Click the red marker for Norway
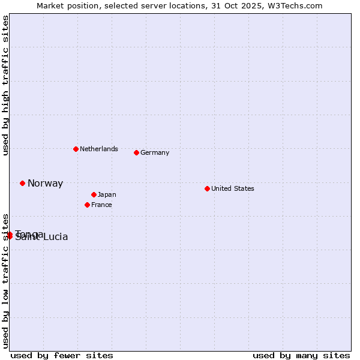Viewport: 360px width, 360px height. point(22,183)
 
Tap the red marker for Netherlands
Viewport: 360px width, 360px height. point(76,149)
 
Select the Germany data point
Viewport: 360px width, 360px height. point(136,152)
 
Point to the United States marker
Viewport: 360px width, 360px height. point(207,188)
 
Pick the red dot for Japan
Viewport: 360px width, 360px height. point(94,194)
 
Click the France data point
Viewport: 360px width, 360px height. point(87,205)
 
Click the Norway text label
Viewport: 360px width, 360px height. point(45,184)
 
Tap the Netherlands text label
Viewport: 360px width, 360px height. point(99,149)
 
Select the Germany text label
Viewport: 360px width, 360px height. point(155,152)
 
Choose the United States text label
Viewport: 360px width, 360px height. point(233,188)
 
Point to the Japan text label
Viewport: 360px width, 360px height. point(107,194)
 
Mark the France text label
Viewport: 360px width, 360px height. point(101,205)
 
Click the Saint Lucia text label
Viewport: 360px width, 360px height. point(41,238)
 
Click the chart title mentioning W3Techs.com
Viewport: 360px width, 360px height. point(179,5)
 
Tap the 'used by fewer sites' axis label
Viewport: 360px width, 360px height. point(62,355)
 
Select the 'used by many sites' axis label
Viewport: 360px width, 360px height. point(301,355)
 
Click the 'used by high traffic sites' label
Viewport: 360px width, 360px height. point(6,86)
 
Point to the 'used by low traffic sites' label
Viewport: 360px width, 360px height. point(6,281)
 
